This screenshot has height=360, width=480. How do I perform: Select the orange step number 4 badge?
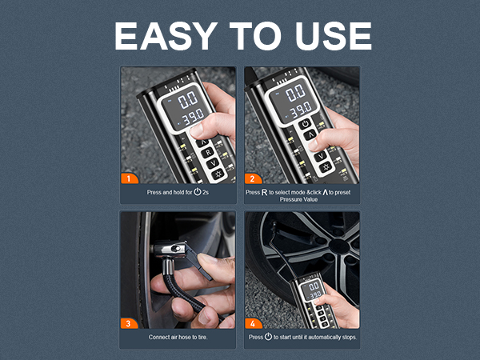(253, 323)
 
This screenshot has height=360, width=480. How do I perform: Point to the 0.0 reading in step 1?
(187, 100)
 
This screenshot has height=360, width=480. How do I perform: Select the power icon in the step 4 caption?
(267, 337)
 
